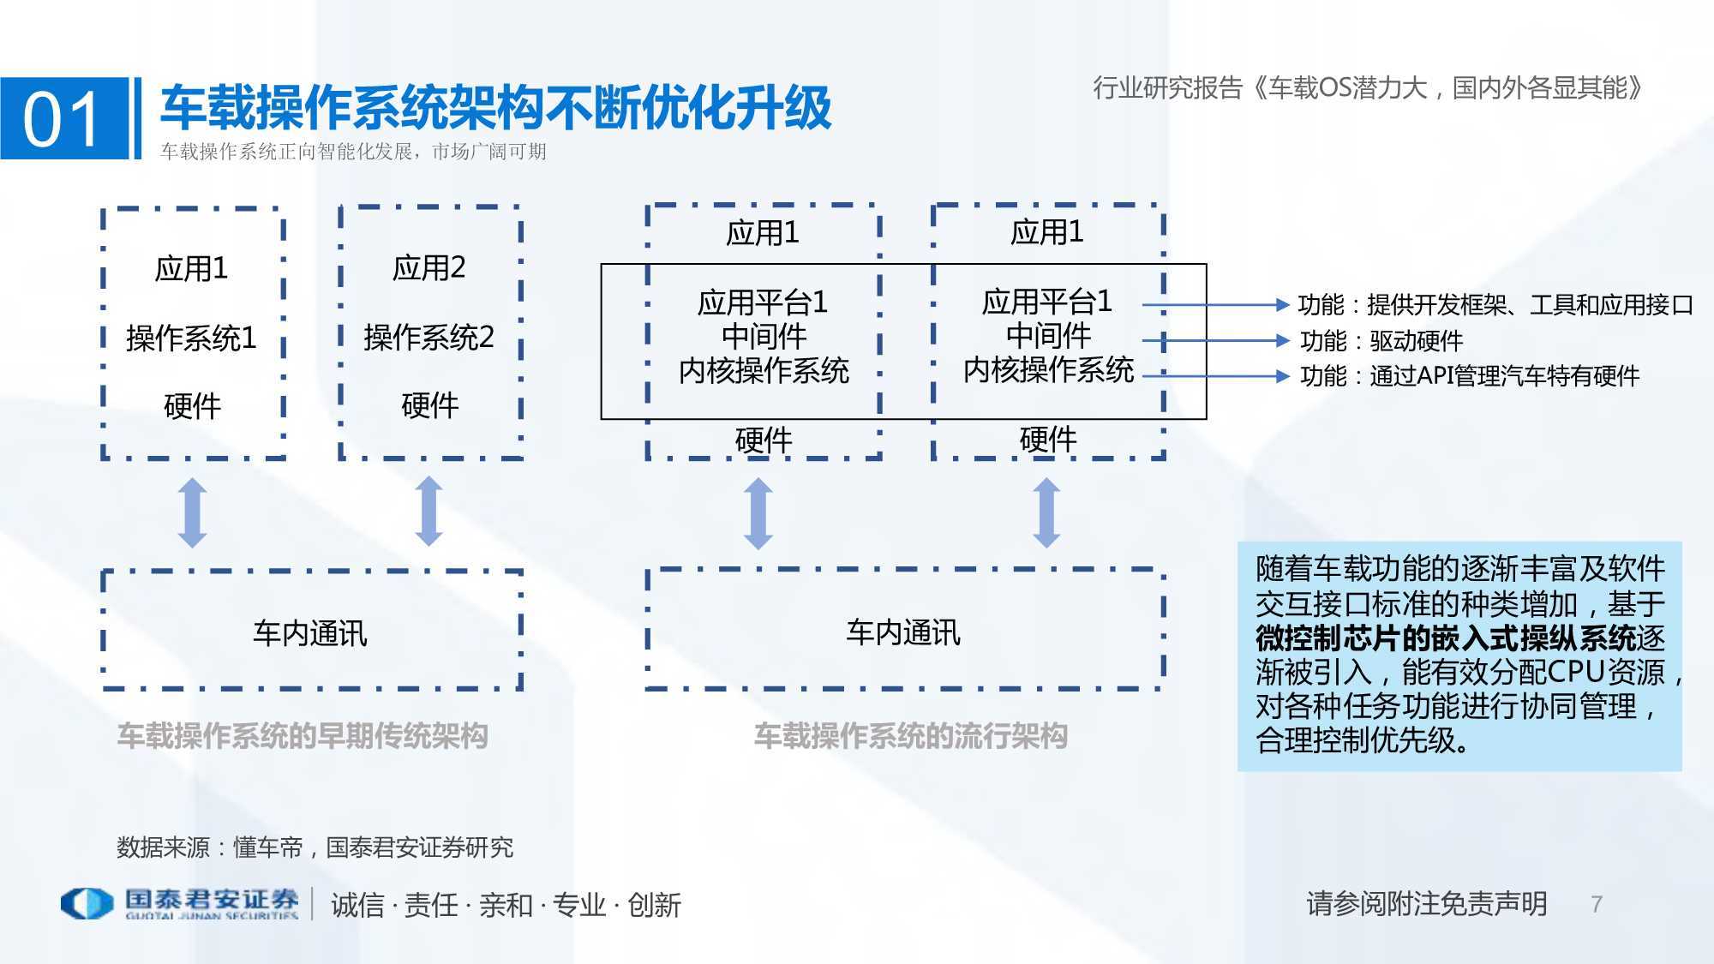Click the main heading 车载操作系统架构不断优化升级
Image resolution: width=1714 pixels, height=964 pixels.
coord(495,107)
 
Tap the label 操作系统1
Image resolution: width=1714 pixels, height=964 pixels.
coord(191,338)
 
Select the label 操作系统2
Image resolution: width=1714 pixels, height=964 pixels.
coord(428,337)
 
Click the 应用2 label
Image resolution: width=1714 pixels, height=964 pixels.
coord(428,268)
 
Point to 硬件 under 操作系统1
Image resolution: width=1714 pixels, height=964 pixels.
coord(192,405)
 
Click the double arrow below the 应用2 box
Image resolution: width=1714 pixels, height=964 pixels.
coord(428,512)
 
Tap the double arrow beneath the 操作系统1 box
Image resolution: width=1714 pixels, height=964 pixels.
coord(192,512)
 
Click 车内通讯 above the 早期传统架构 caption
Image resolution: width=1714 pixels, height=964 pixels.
coord(310,633)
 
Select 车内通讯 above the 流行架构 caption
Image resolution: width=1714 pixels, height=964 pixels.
coord(903,632)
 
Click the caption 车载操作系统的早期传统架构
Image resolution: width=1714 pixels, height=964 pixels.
coord(303,735)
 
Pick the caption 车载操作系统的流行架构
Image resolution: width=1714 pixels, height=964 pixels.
coord(911,735)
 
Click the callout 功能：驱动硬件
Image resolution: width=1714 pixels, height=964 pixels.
coord(1381,341)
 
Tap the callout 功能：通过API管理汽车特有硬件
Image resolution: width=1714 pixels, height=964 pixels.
coord(1470,375)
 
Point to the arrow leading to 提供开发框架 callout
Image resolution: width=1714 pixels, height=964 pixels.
coord(1215,304)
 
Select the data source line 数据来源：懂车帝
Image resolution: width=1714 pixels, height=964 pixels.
coord(315,847)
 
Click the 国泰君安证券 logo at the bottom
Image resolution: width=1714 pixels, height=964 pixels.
coord(179,903)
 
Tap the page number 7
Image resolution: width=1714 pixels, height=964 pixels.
coord(1597,904)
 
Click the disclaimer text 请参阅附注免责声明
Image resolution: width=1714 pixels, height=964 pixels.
coord(1427,903)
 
